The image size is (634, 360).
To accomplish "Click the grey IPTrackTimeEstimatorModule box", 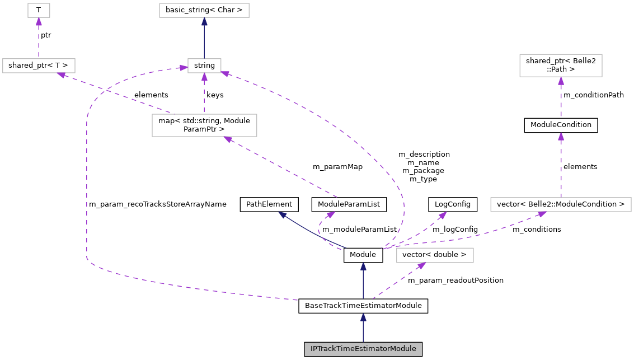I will pos(363,349).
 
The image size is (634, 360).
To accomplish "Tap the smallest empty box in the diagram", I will pos(39,10).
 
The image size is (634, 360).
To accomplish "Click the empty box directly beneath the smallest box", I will pos(39,66).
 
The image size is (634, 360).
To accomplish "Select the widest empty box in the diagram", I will pos(561,204).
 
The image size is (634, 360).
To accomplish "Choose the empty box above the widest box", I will pos(561,66).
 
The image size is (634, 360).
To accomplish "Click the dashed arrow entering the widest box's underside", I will pos(476,234).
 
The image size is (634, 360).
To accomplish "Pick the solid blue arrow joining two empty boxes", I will pos(204,38).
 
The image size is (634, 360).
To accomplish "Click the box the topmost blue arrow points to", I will pos(204,10).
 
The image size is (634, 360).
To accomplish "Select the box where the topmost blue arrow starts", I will pos(204,66).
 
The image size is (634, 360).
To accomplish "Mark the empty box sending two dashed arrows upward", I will pos(204,125).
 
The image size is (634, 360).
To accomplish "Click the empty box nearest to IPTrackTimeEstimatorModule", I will pos(435,255).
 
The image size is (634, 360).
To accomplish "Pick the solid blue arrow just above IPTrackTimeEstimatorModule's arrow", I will pos(363,280).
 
